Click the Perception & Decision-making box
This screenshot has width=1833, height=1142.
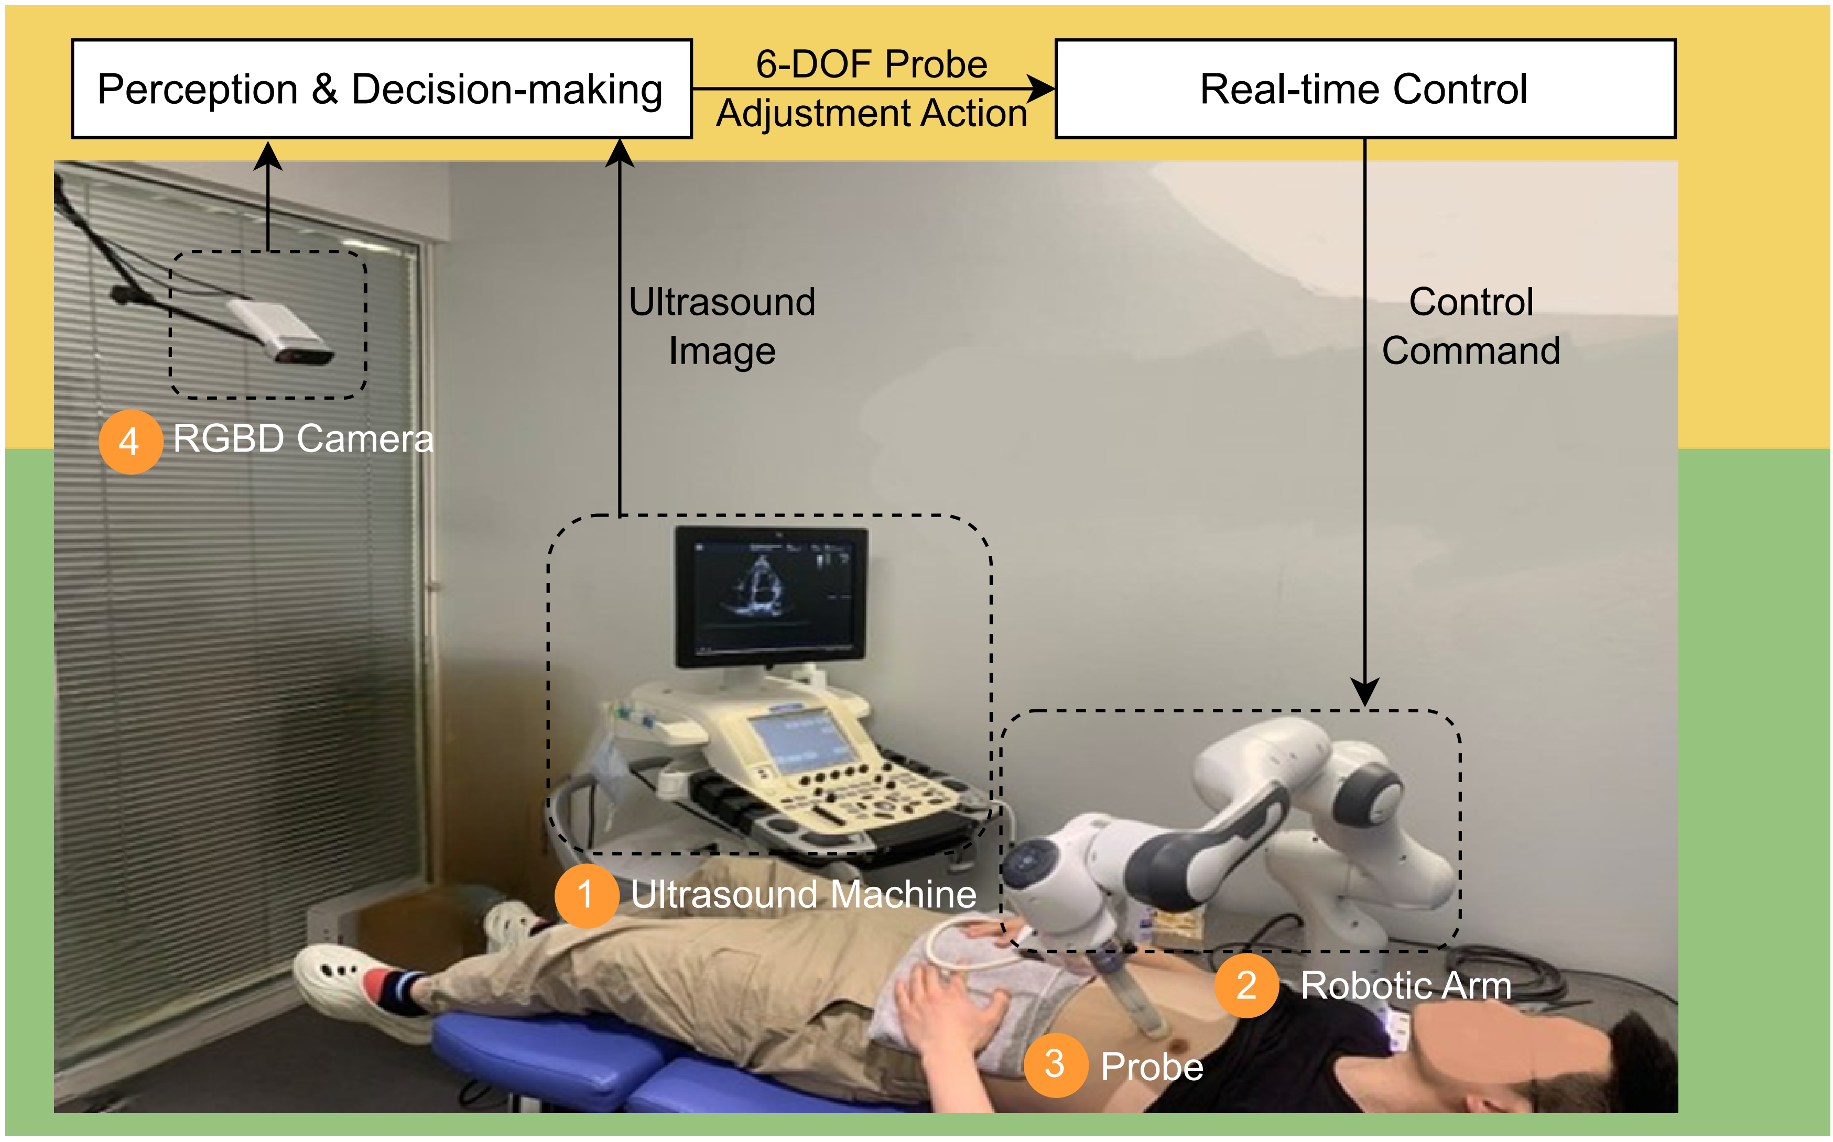tap(382, 89)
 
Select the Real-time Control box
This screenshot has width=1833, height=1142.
tap(1364, 89)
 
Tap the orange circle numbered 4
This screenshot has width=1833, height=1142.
tap(130, 441)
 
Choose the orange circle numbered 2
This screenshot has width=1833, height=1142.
tap(1246, 986)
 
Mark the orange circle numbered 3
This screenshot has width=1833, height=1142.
tap(1055, 1065)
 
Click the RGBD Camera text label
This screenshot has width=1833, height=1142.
tap(303, 439)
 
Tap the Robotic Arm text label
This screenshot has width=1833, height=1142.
tap(1405, 986)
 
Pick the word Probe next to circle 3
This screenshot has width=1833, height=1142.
tap(1152, 1067)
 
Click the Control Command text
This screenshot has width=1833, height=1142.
tap(1470, 326)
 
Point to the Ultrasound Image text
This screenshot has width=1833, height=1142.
tap(722, 326)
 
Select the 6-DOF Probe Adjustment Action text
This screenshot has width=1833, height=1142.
tap(871, 89)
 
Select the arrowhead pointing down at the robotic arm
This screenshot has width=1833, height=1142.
tap(1364, 691)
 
